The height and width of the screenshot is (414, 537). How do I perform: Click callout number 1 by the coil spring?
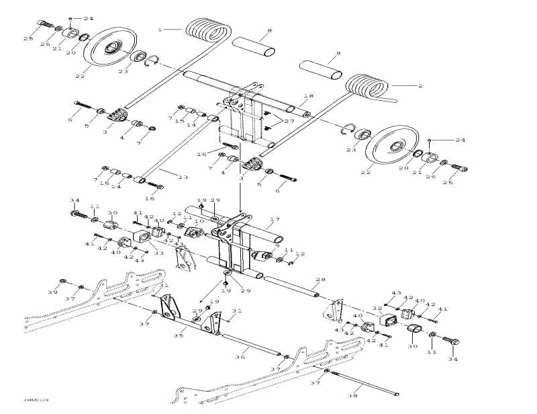coord(160,30)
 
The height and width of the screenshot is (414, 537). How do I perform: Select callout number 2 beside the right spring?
coord(420,86)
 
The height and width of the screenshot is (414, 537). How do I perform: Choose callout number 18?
coord(309,96)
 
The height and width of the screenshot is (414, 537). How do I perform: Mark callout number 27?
coord(289,122)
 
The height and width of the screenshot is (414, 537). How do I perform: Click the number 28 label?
coord(320,280)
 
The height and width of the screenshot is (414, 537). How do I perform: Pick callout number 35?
coord(178,335)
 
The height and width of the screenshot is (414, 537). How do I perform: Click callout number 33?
coord(160,253)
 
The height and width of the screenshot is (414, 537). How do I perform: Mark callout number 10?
coord(199,221)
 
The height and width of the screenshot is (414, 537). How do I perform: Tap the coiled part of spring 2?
coord(368,91)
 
